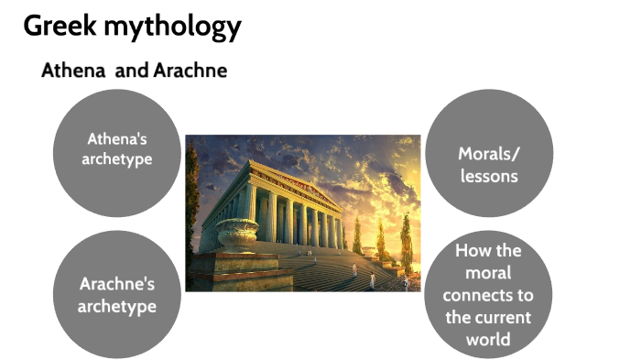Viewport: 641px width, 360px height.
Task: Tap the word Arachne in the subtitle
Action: tap(193, 71)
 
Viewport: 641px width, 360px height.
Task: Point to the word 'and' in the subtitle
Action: tap(131, 71)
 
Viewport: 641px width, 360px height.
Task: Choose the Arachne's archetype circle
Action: tap(117, 293)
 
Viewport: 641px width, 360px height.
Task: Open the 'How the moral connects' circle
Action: tap(490, 293)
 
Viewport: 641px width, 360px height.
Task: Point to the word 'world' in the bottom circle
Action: tap(490, 339)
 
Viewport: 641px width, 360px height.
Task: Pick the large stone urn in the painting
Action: tap(235, 235)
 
